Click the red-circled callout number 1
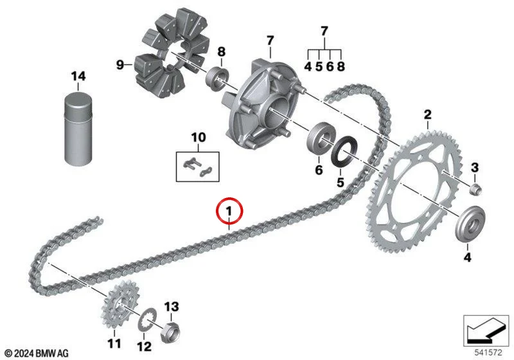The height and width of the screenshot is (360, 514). pos(229,211)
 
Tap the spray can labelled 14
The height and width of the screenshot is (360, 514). pos(78,129)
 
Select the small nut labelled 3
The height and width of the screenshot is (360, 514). pos(475,189)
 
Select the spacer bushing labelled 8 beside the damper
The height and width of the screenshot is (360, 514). pos(217,80)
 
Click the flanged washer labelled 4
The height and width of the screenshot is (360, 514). pos(470,224)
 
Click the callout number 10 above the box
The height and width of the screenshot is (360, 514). pos(199,138)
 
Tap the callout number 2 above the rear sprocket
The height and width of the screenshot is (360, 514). pos(427,115)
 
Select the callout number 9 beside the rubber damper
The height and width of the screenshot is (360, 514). pos(120,64)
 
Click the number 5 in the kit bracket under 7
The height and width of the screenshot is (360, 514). pos(319,67)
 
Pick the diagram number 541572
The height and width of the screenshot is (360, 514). pos(488,353)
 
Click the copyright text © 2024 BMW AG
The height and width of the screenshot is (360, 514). pos(37,354)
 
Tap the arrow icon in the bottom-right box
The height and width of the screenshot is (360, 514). pos(486,330)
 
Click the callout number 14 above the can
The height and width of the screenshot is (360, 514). pos(78,76)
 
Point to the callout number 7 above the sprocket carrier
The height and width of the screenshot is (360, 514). pos(270,41)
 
